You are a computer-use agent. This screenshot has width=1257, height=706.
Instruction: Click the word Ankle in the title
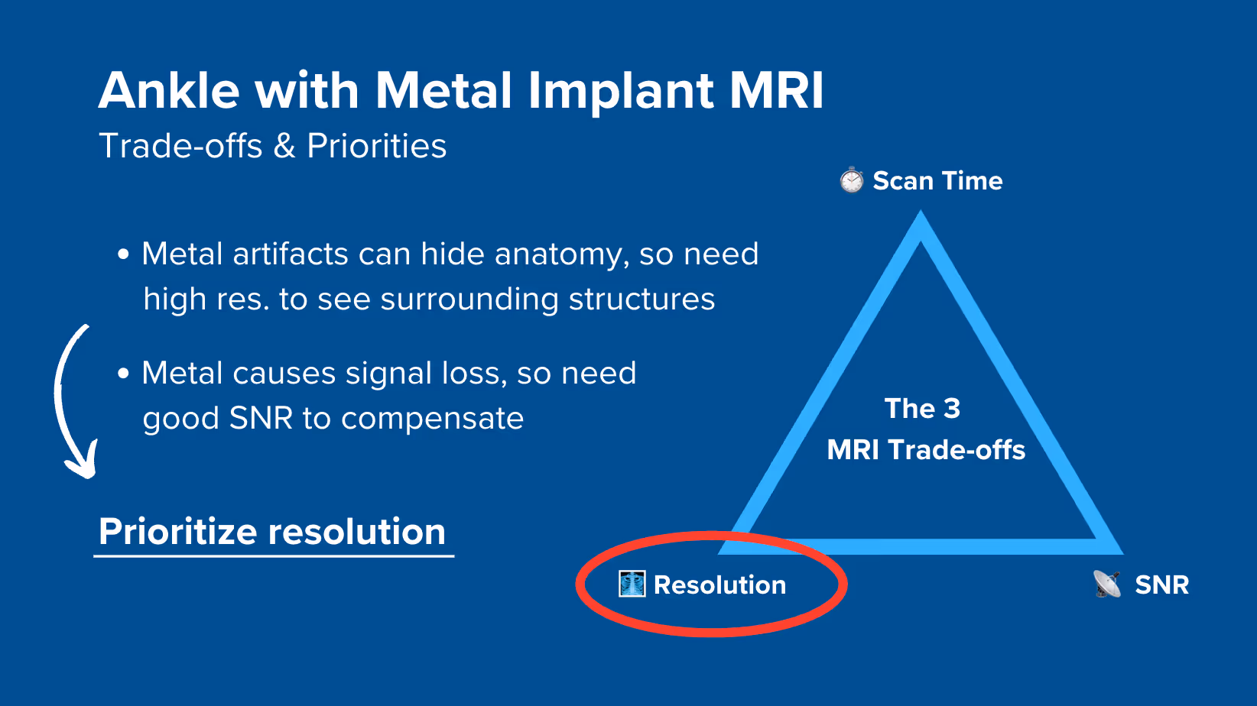169,91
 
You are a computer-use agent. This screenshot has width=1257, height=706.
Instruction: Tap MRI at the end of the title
776,91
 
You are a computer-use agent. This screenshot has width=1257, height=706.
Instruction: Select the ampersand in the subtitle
284,146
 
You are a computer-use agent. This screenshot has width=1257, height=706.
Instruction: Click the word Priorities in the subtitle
376,146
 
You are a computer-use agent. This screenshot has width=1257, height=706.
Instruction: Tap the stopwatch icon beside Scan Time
851,180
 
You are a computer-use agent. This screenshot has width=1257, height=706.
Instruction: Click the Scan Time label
937,181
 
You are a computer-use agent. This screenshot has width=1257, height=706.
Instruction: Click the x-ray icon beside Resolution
632,584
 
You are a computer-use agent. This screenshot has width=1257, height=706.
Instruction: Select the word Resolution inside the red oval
719,585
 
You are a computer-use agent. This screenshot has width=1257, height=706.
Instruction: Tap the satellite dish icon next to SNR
1106,584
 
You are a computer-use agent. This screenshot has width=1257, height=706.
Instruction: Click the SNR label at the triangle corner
1161,585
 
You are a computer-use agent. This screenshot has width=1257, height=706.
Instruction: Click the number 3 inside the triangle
951,409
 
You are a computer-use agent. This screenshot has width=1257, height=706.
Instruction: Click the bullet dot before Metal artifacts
123,255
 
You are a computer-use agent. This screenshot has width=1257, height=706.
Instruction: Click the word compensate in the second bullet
432,419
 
